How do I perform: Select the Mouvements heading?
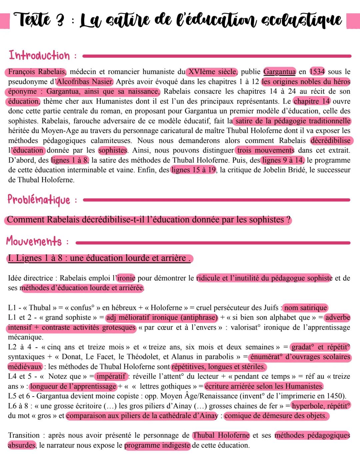[34, 242]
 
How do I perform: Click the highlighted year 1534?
[317, 72]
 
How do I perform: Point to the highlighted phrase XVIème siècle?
[212, 72]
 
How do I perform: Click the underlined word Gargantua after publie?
[279, 72]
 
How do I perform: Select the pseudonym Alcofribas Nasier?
[85, 82]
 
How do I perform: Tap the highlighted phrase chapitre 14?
[312, 101]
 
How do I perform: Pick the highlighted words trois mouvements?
[265, 150]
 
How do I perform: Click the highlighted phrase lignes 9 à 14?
[283, 160]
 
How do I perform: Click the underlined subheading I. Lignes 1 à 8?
[99, 258]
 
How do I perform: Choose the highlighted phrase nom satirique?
[305, 308]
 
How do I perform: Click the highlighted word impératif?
[111, 377]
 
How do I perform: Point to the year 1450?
[335, 396]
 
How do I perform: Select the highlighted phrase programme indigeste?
[157, 445]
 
